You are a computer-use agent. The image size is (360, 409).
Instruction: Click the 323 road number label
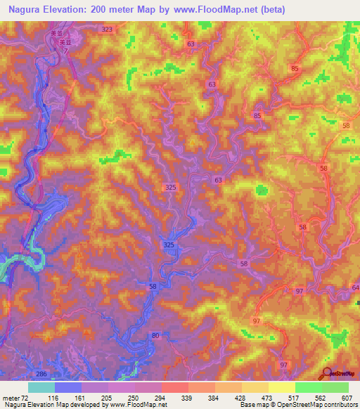coord(107,29)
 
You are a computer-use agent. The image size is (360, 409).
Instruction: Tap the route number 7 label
coord(66,51)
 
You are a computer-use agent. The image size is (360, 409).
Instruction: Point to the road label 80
coord(155,336)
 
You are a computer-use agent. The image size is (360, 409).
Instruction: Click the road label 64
coord(354,288)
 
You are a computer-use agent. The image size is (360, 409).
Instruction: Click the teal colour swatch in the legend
coord(41,387)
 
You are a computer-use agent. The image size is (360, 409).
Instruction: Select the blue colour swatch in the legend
coord(68,387)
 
